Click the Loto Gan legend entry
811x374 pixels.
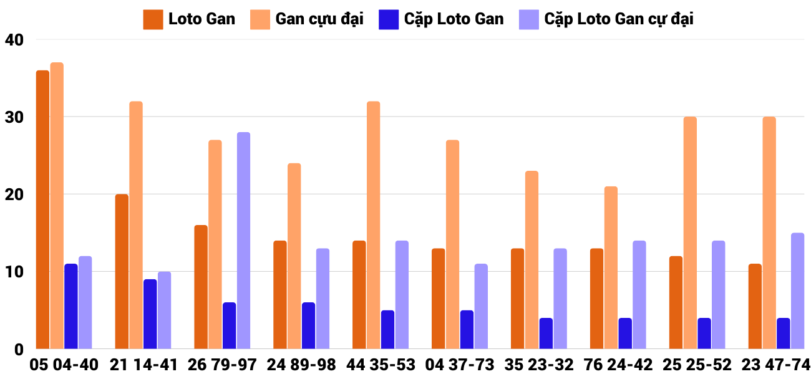click(190, 19)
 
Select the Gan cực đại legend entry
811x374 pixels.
click(307, 19)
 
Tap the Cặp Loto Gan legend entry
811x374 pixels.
click(441, 19)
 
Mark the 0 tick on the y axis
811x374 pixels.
click(18, 350)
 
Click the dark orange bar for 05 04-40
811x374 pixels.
click(42, 209)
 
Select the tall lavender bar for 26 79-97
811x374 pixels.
click(243, 241)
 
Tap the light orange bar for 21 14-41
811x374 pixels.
click(136, 225)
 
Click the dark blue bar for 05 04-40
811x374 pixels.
click(71, 306)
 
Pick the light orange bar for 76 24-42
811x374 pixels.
click(611, 267)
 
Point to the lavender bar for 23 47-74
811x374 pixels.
click(797, 291)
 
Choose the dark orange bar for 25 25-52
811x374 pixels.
click(676, 302)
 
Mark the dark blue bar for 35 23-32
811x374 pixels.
click(546, 333)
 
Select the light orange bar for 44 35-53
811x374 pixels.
click(373, 225)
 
